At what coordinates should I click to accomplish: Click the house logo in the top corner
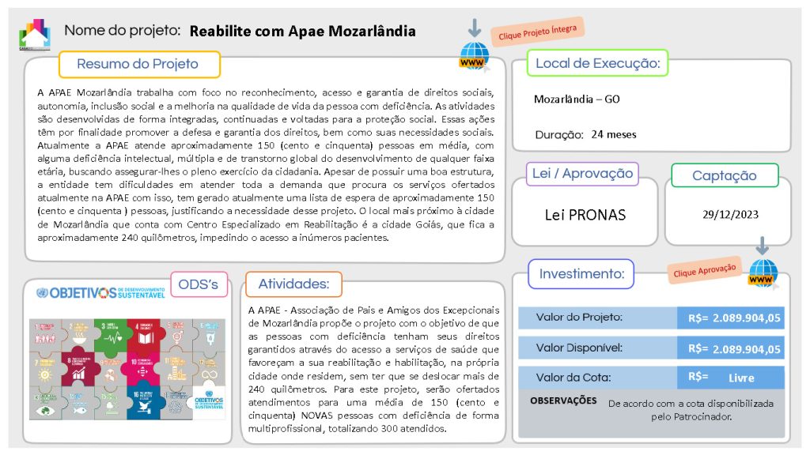tap(35, 33)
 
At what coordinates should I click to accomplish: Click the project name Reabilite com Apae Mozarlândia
tap(303, 32)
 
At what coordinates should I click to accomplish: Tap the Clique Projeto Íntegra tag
tap(537, 32)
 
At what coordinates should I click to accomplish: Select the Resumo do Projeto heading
tap(138, 64)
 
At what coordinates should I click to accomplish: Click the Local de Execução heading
tap(598, 63)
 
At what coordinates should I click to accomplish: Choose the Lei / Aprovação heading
tap(582, 174)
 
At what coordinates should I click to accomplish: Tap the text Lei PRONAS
tap(585, 214)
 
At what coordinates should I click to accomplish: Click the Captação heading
tap(725, 176)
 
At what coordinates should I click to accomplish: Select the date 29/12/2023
tap(731, 213)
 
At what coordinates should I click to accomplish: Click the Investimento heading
tap(581, 274)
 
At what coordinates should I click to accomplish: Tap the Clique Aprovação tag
tap(704, 270)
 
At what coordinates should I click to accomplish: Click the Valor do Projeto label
tap(579, 318)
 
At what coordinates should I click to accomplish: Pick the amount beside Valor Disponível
tap(734, 348)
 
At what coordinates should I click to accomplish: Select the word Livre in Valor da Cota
tap(741, 378)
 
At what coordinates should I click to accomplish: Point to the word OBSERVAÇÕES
tap(563, 400)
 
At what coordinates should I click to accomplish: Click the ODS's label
tap(199, 284)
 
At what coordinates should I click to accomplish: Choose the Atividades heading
tap(293, 284)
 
